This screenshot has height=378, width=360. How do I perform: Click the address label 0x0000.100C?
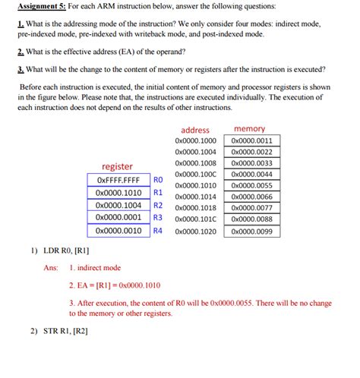tap(195, 175)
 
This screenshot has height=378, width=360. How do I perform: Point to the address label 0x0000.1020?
tap(195, 230)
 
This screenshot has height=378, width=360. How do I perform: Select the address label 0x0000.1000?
tap(195, 140)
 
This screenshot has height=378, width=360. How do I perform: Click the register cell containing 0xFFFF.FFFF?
tap(118, 180)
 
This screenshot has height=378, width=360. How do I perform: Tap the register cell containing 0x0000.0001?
tap(118, 218)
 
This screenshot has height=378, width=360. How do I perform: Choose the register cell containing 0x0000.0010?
tap(118, 231)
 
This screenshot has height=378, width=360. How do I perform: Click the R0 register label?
tap(158, 180)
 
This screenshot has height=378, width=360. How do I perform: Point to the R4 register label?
tap(158, 231)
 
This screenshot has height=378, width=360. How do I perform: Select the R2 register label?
tap(158, 205)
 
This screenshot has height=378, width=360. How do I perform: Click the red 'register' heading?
tap(117, 166)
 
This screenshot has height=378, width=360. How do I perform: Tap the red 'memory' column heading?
tap(250, 129)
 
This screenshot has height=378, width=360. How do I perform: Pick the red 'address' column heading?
tap(195, 130)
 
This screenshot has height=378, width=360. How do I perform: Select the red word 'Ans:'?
tap(51, 267)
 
